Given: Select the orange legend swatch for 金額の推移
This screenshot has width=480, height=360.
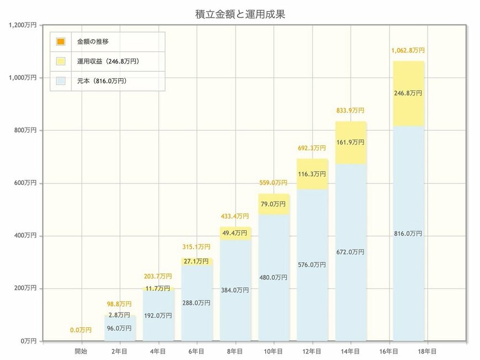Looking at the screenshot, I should pyautogui.click(x=61, y=41).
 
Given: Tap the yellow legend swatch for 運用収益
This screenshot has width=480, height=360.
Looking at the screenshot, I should pyautogui.click(x=61, y=61).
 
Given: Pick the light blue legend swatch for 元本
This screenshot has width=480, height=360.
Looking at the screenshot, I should pyautogui.click(x=61, y=81).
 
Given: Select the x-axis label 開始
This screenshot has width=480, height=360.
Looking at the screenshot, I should pyautogui.click(x=81, y=351).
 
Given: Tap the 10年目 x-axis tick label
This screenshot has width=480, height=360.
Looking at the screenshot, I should pyautogui.click(x=274, y=351).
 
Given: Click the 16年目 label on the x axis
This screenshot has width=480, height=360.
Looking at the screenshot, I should pyautogui.click(x=389, y=351).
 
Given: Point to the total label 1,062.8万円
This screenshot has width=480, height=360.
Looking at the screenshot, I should pyautogui.click(x=408, y=50).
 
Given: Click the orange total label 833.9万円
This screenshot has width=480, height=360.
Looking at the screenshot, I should pyautogui.click(x=350, y=110).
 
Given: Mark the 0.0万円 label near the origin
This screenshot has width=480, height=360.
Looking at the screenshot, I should pyautogui.click(x=81, y=330).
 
